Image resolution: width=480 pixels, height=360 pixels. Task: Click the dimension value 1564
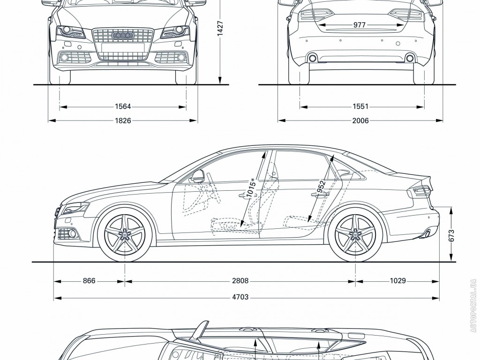[122, 106]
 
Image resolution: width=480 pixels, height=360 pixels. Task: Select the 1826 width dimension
[122, 120]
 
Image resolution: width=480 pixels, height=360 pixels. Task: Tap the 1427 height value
[220, 29]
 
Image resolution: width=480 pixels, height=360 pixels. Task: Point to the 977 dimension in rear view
[359, 25]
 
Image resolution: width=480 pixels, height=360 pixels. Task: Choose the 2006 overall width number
[360, 120]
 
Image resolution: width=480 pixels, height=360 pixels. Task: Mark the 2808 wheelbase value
[240, 281]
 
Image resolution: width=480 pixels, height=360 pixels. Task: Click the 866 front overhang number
[89, 281]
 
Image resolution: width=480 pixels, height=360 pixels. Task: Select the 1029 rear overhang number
[397, 281]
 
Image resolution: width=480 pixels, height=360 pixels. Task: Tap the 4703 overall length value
[240, 297]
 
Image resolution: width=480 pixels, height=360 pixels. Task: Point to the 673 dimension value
[452, 235]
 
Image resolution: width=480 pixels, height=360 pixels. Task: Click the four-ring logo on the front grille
[123, 35]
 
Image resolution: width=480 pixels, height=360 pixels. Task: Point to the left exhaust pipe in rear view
[311, 58]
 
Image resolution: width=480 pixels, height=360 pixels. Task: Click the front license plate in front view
[123, 47]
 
